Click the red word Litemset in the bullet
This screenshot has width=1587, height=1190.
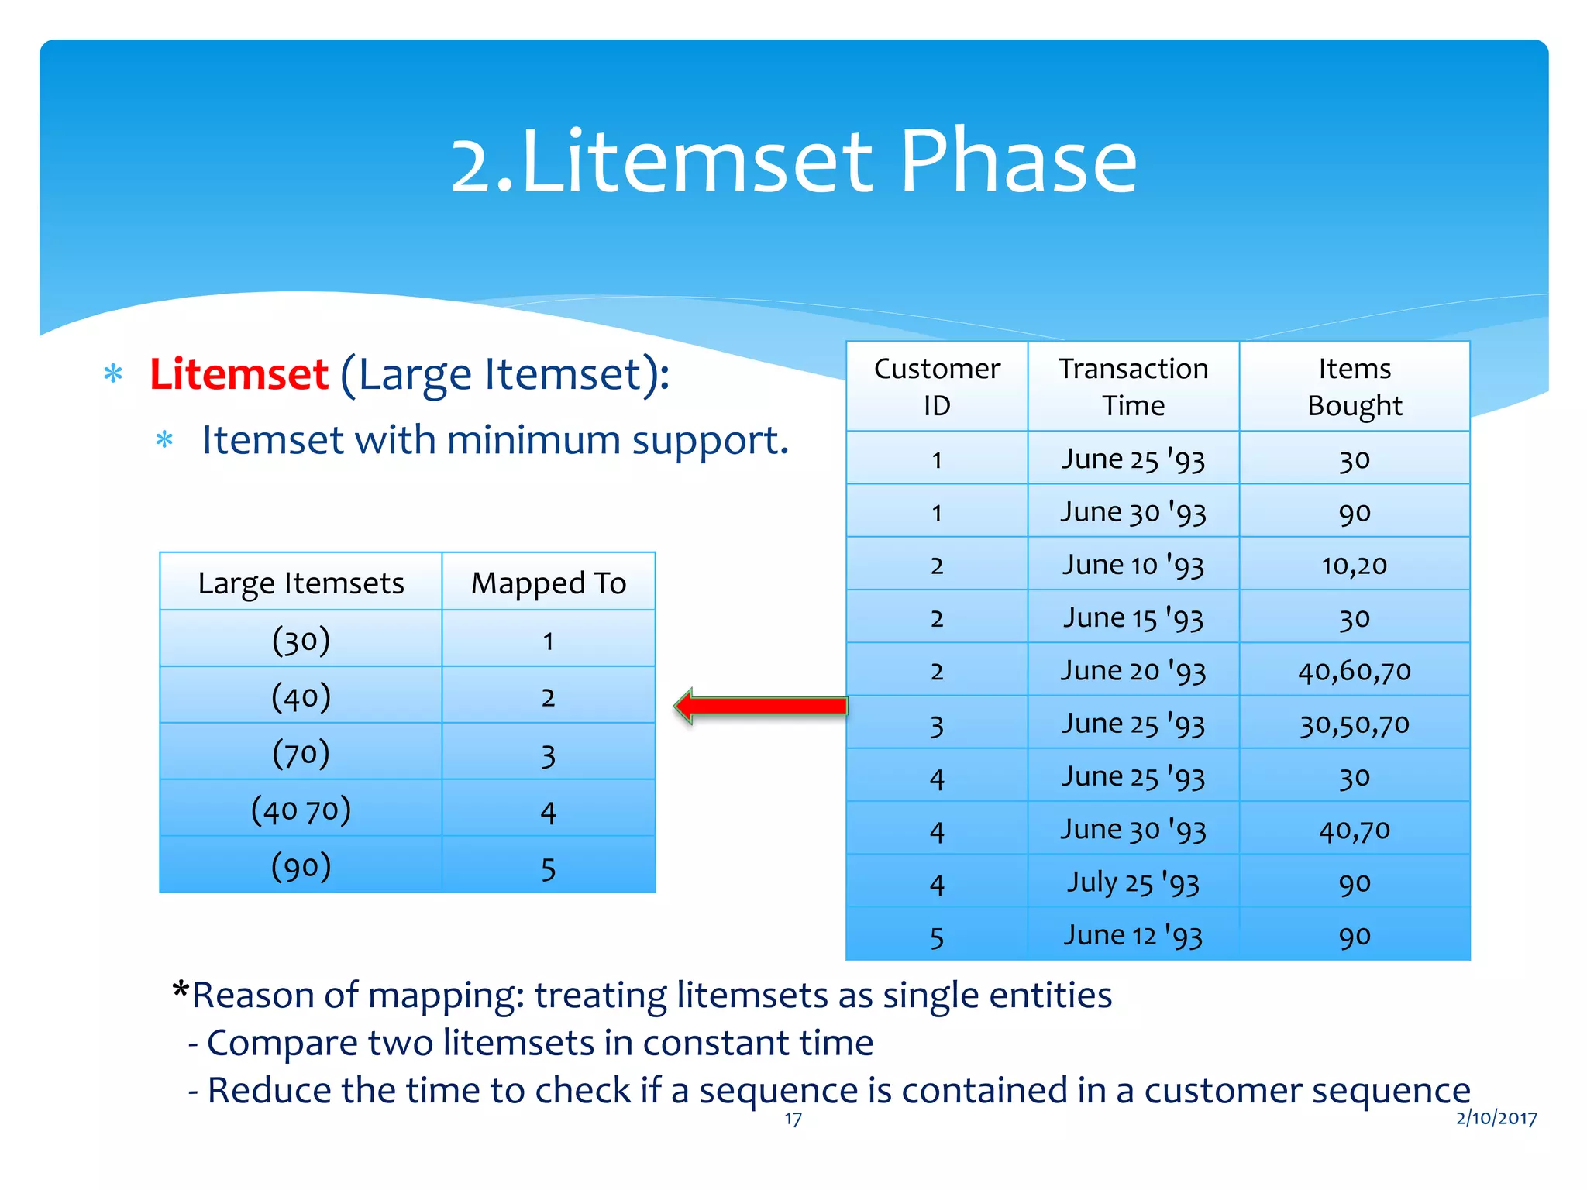(239, 375)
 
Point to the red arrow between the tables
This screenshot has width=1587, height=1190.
(762, 705)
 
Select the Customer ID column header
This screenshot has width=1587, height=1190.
(936, 387)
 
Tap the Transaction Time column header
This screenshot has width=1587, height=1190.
(1133, 387)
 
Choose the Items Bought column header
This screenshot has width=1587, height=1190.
(1354, 387)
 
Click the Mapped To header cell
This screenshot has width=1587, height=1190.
(548, 583)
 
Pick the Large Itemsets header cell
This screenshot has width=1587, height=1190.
(301, 583)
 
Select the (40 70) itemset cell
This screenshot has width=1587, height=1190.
(301, 810)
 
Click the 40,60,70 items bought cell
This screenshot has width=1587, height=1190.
(1354, 671)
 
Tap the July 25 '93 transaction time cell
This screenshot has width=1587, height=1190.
(1133, 882)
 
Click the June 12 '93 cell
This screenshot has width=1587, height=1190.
(1133, 935)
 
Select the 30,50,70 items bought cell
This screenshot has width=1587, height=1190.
(1354, 724)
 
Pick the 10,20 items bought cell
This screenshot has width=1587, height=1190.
(1354, 565)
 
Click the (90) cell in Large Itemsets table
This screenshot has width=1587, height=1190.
(301, 866)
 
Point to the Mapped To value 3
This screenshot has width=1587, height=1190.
(548, 755)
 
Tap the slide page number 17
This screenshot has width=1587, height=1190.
(793, 1119)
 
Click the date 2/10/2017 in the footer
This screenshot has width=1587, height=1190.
(1496, 1117)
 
